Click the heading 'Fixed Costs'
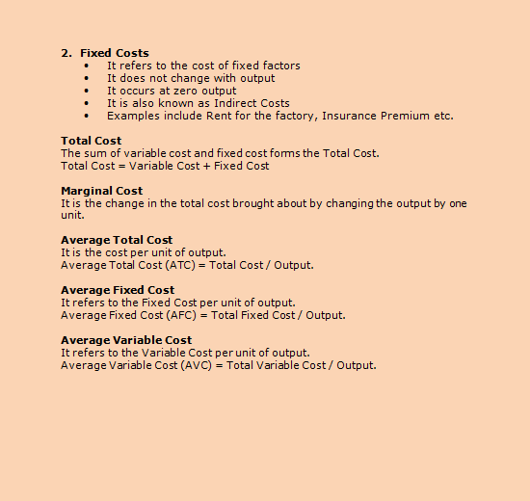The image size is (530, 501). click(115, 53)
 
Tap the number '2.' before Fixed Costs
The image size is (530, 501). click(66, 53)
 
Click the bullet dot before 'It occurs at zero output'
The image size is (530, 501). click(87, 91)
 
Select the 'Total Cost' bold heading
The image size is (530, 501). click(91, 141)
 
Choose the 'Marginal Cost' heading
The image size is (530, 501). click(101, 191)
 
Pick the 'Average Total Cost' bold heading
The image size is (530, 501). click(117, 240)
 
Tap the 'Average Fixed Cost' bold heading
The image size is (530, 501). click(118, 290)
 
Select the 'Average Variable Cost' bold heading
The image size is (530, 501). click(126, 340)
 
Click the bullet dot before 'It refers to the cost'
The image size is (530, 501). click(87, 66)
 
